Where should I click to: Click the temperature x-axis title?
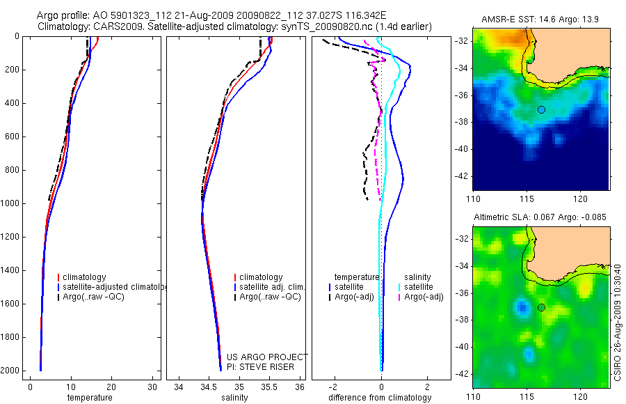click(x=89, y=398)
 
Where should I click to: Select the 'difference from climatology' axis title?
click(x=380, y=398)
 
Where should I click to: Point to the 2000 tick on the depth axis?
click(x=12, y=371)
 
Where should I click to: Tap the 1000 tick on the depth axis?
click(x=12, y=203)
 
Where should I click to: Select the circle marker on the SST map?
click(x=541, y=109)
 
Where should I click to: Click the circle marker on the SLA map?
click(x=541, y=307)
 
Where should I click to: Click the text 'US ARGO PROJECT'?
click(x=267, y=357)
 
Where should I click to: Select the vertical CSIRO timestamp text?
click(x=618, y=320)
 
